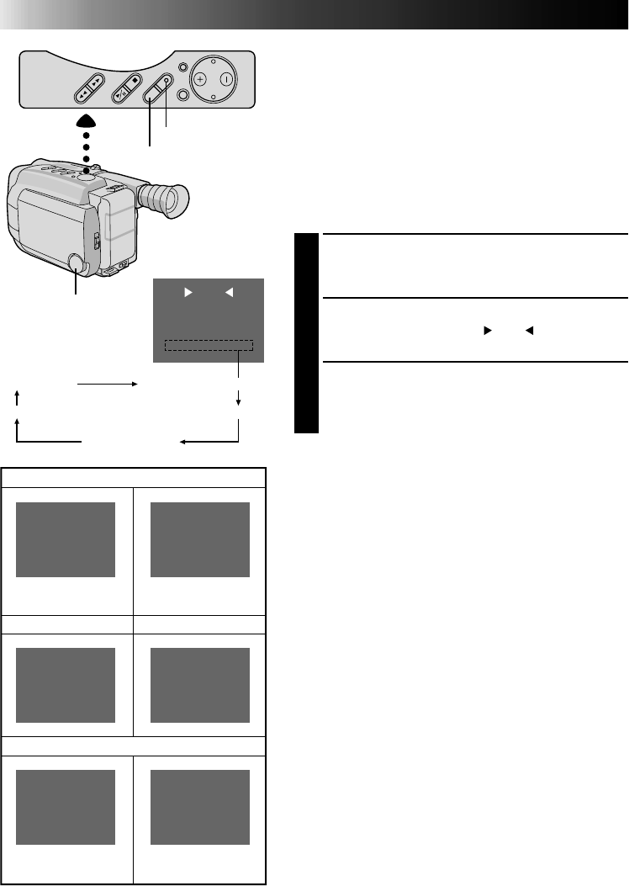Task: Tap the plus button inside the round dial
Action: [200, 80]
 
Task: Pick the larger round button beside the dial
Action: [182, 95]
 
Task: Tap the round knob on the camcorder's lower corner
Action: [76, 263]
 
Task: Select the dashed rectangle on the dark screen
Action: [208, 346]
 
